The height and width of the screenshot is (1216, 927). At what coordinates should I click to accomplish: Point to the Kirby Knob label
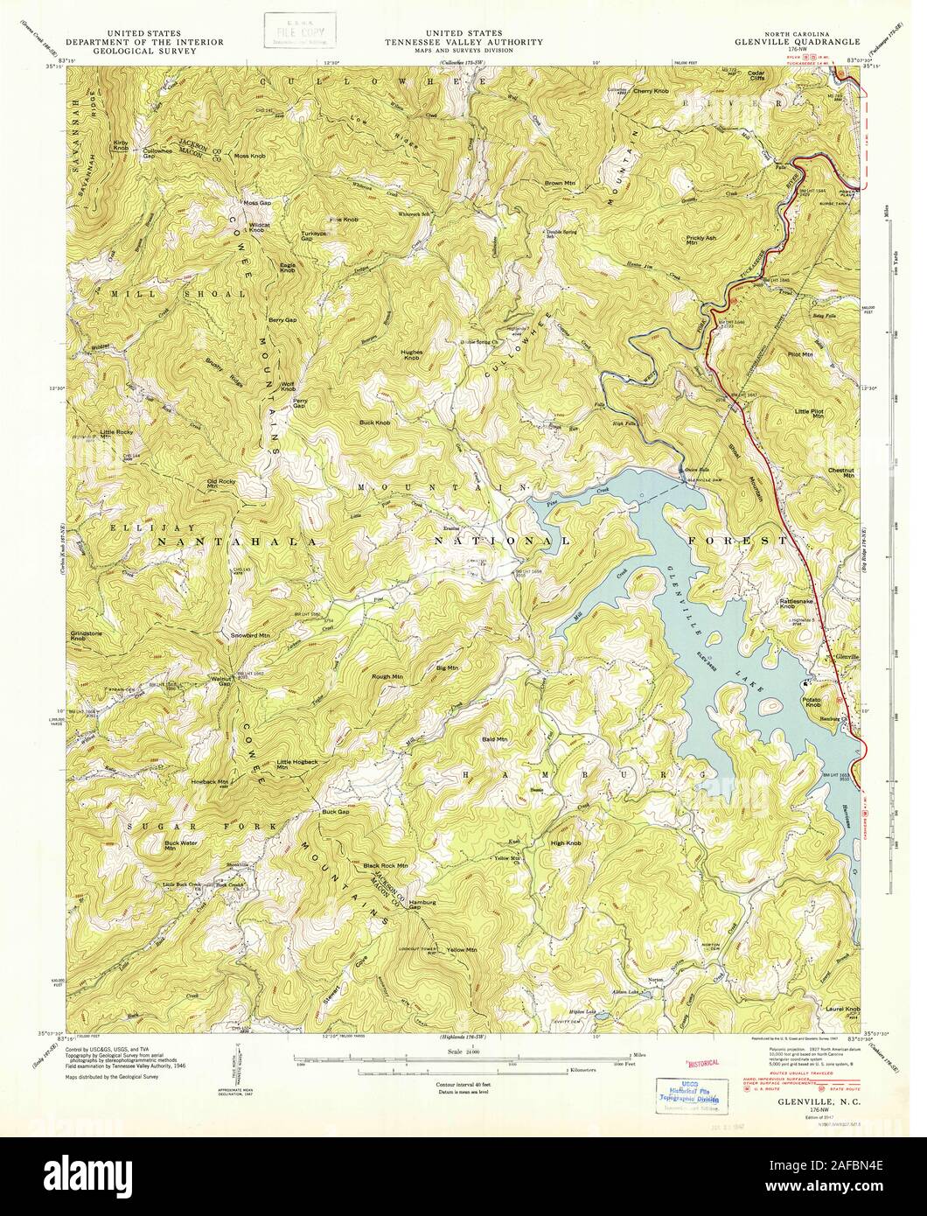click(x=120, y=145)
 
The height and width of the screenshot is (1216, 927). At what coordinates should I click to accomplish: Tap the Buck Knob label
click(x=374, y=423)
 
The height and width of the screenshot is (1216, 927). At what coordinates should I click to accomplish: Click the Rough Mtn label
click(x=387, y=676)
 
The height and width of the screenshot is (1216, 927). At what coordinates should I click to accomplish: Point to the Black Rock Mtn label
click(x=385, y=865)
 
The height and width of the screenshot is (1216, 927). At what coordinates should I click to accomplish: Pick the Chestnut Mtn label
click(x=840, y=472)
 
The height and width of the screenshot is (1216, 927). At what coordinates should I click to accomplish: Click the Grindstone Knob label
click(x=84, y=635)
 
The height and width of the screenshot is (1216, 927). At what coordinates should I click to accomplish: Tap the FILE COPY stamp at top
click(x=294, y=29)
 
